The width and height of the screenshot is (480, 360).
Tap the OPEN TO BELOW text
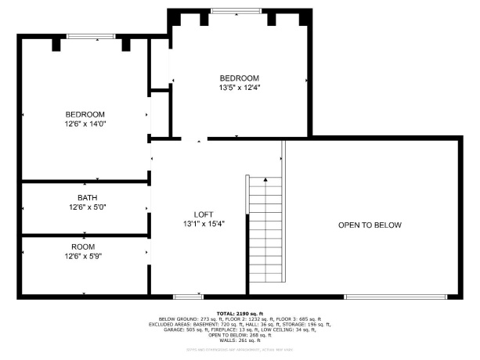(x=370, y=225)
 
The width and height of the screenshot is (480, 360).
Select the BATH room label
(x=87, y=197)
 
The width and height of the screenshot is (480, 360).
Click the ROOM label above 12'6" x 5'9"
(x=85, y=246)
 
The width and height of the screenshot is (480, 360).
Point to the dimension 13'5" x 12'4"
(x=240, y=88)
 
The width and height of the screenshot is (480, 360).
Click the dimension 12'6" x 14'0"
(x=85, y=124)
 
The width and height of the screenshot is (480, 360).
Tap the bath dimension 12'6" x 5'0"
(x=85, y=207)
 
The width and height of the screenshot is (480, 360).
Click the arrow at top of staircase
(x=266, y=180)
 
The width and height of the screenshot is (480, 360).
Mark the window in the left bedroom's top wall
(x=90, y=37)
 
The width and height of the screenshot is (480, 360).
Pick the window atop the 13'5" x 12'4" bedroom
(x=236, y=11)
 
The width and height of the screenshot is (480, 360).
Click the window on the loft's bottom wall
(x=189, y=296)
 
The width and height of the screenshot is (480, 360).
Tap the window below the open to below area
(x=395, y=296)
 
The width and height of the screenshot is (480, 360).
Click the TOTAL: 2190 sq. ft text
(x=240, y=313)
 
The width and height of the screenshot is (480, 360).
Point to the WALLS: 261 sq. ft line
(x=240, y=340)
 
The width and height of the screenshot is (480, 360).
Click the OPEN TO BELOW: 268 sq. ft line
(x=240, y=335)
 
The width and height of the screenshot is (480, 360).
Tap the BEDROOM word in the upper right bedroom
(x=240, y=77)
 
